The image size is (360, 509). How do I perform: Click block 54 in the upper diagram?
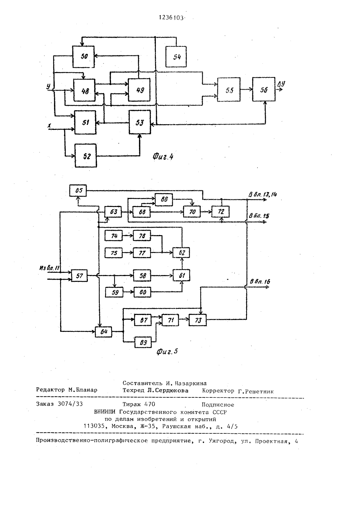pyautogui.click(x=176, y=57)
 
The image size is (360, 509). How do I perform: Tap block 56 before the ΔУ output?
pyautogui.click(x=264, y=89)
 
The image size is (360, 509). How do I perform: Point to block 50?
pyautogui.click(x=84, y=57)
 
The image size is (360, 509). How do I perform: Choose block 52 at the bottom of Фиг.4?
pyautogui.click(x=86, y=156)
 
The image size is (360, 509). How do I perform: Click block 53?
pyautogui.click(x=140, y=122)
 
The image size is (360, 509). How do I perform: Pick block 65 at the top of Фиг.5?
pyautogui.click(x=78, y=190)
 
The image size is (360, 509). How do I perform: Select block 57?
pyautogui.click(x=79, y=276)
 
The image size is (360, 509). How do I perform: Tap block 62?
pyautogui.click(x=181, y=252)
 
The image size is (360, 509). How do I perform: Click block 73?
pyautogui.click(x=198, y=320)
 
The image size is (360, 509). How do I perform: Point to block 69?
pyautogui.click(x=143, y=342)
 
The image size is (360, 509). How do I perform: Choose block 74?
pyautogui.click(x=114, y=236)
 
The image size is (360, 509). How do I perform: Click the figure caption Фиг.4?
pyautogui.click(x=163, y=156)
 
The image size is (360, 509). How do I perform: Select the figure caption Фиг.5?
pyautogui.click(x=167, y=352)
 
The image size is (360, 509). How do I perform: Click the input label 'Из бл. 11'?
pyautogui.click(x=49, y=268)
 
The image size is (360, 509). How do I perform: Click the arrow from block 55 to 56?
pyautogui.click(x=246, y=90)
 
